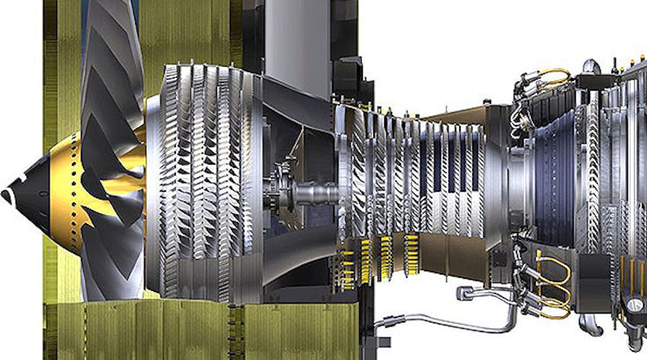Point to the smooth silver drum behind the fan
153,194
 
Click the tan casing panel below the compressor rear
453,259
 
